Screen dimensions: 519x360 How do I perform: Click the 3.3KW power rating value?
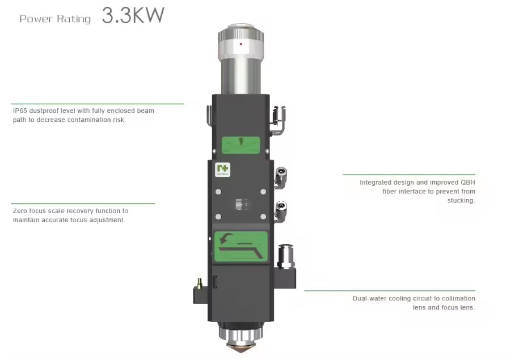(133, 15)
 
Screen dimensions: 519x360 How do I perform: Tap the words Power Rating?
(55, 19)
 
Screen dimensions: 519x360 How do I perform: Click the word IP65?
(20, 111)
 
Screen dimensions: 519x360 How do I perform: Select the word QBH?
(468, 183)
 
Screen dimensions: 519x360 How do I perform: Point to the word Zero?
(20, 211)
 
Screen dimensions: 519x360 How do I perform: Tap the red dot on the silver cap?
(240, 44)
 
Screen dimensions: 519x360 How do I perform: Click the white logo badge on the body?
(222, 170)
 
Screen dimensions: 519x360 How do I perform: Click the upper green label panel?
(240, 145)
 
